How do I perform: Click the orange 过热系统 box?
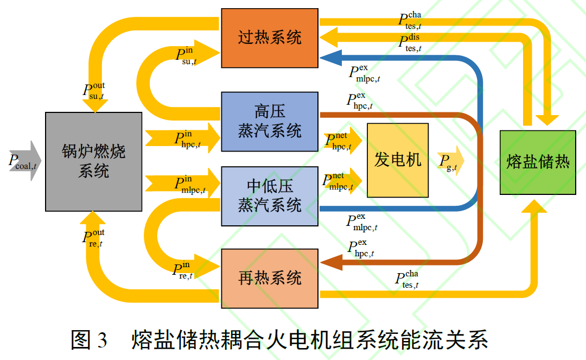click(x=270, y=38)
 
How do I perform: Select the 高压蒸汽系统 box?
click(x=270, y=122)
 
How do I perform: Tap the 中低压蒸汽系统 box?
click(x=270, y=196)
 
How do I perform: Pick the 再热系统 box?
click(x=270, y=279)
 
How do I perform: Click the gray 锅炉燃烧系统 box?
click(x=93, y=161)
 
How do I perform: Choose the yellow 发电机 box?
click(x=398, y=160)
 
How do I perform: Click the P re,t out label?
click(x=93, y=237)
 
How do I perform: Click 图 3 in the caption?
click(x=90, y=341)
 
